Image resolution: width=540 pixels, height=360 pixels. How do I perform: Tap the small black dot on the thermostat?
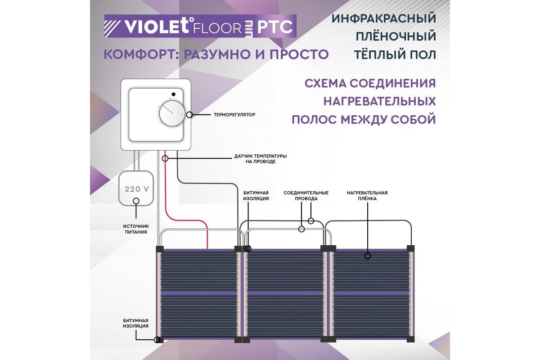(x=172, y=94)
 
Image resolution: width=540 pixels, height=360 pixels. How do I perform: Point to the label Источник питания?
(x=136, y=229)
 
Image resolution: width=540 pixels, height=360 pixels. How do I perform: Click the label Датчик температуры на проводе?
(x=261, y=158)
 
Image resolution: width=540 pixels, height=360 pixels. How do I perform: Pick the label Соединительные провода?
(x=306, y=195)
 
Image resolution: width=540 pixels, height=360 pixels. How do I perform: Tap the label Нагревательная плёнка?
(x=367, y=195)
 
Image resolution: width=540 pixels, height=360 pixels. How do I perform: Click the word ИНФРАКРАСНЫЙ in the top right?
(x=384, y=18)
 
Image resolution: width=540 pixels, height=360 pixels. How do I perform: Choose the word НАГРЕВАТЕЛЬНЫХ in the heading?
(x=379, y=102)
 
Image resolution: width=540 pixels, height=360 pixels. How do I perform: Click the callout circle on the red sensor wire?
(x=165, y=158)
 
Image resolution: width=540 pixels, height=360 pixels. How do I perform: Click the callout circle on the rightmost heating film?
(x=367, y=256)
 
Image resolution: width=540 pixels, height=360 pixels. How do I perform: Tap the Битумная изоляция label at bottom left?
(x=136, y=323)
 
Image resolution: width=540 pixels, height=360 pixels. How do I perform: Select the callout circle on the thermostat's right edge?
(x=190, y=115)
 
